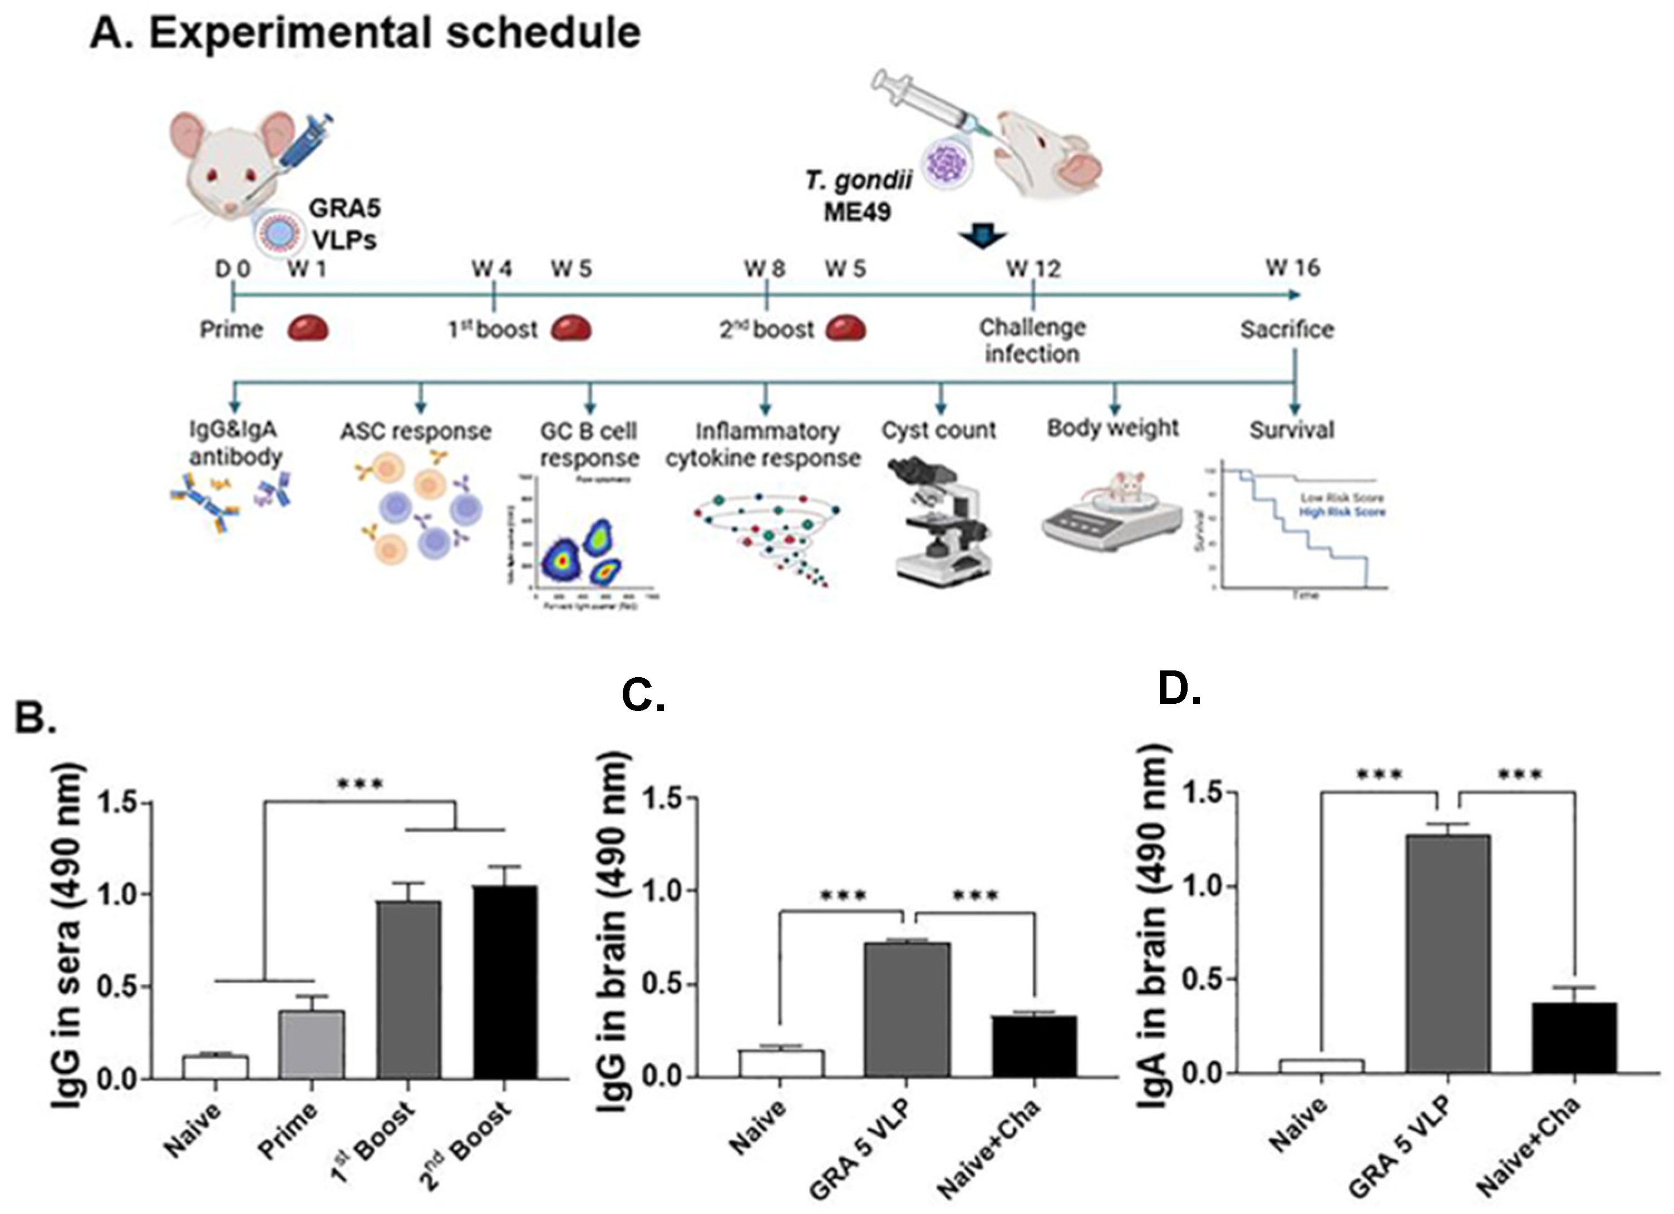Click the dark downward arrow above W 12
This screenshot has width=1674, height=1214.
[982, 236]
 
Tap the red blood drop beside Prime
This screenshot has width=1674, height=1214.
[307, 328]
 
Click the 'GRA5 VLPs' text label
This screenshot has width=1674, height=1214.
[344, 224]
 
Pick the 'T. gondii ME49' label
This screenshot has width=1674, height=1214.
[858, 196]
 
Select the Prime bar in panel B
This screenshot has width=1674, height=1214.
[312, 1044]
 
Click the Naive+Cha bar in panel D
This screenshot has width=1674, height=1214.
[1574, 1037]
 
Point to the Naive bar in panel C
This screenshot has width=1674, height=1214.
[781, 1063]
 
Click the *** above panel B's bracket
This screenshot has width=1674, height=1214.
[360, 784]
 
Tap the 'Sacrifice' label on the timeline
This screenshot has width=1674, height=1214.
[1287, 329]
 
